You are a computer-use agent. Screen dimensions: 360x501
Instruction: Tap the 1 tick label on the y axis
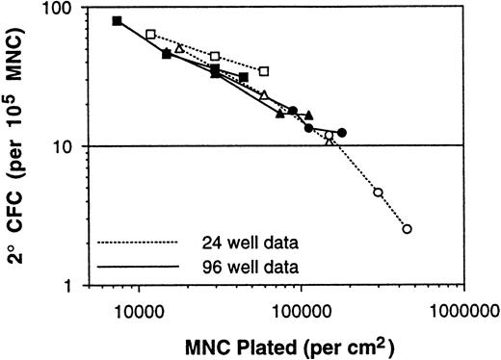click(80, 286)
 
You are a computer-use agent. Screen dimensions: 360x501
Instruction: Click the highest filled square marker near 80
click(117, 21)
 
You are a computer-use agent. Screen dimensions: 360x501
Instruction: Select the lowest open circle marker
click(407, 229)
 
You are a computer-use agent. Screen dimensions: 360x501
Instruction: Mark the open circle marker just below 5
click(378, 193)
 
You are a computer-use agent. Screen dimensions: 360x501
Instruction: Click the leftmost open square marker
click(150, 35)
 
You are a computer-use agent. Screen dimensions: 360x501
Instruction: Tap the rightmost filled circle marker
click(342, 132)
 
